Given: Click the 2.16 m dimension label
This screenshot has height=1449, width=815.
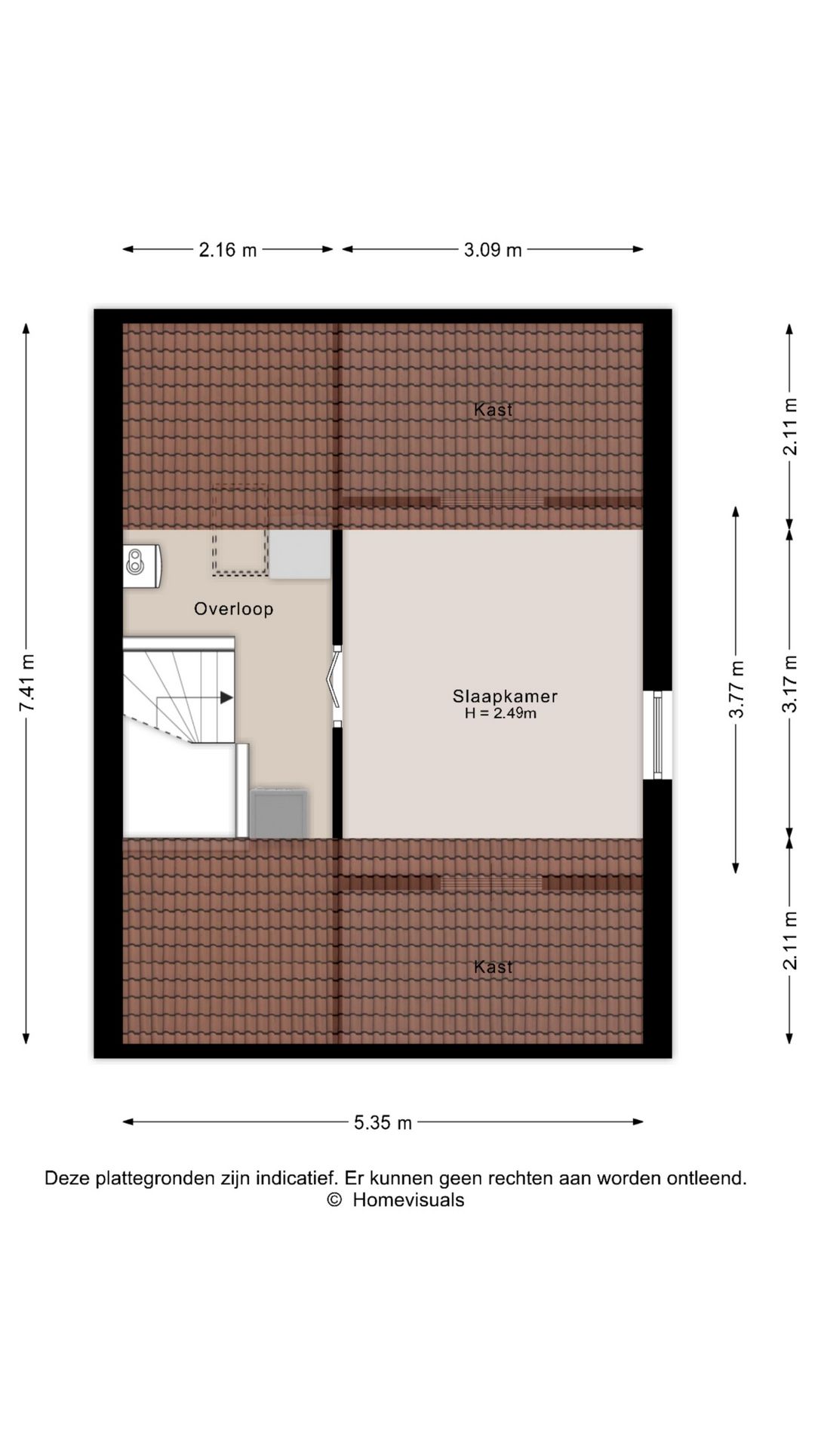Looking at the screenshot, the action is [227, 250].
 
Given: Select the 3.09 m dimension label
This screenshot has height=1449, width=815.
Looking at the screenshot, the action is [493, 250].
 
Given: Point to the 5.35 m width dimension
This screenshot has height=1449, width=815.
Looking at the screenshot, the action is [383, 1123].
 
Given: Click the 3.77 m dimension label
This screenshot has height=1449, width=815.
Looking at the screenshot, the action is [737, 689].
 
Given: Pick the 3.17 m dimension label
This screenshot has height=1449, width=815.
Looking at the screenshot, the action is [789, 684].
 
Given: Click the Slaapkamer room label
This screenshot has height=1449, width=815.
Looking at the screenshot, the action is [505, 697].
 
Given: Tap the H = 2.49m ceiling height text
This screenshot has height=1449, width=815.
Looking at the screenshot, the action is [500, 714].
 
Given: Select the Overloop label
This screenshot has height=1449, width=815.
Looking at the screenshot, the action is [234, 609].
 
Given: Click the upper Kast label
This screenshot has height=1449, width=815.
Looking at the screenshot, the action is [494, 410].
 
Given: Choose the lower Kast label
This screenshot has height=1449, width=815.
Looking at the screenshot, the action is [494, 967].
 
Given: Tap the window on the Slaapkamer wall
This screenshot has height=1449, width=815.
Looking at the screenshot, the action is [657, 734].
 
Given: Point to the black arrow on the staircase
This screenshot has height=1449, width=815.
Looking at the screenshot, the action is [226, 698].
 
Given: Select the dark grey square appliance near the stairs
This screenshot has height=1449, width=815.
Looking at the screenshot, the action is [278, 814].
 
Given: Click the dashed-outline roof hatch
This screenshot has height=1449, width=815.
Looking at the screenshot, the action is [240, 530].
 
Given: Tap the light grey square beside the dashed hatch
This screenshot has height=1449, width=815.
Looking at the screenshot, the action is [300, 555].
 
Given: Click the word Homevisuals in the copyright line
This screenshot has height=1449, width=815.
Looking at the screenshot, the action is [408, 1200].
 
